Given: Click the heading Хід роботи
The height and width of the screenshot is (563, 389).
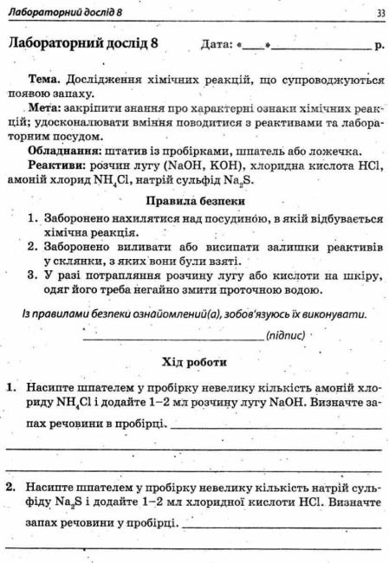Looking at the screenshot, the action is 195,360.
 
